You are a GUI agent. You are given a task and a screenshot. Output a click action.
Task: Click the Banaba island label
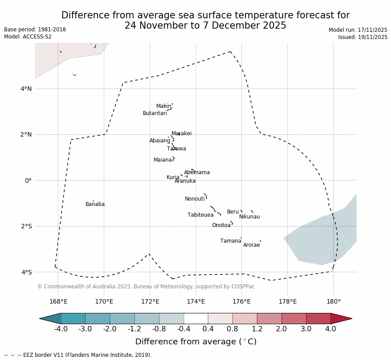95,204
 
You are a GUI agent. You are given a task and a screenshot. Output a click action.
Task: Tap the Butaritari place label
155,113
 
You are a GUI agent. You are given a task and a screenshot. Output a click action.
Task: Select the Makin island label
163,106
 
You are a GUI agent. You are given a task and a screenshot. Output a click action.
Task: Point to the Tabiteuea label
200,215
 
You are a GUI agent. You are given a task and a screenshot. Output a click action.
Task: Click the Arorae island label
251,245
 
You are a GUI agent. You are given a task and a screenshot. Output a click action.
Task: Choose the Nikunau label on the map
249,217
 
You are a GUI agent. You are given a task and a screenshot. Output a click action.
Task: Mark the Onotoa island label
221,225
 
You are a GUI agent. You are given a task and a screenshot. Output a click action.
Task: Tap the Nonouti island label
195,199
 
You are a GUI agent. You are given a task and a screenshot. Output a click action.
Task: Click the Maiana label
163,160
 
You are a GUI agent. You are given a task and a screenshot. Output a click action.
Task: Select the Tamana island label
231,241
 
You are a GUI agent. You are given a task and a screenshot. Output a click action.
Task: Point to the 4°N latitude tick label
26,89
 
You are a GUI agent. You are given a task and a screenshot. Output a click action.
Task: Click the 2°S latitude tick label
26,226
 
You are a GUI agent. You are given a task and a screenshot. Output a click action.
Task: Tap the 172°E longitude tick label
150,301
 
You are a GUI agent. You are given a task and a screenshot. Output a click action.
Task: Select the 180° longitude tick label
333,301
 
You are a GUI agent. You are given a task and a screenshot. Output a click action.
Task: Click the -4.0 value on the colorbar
61,329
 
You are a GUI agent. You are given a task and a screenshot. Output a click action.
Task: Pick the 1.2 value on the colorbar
257,329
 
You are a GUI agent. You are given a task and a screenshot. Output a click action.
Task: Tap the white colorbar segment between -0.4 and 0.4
196,318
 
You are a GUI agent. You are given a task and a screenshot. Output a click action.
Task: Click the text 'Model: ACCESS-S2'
28,37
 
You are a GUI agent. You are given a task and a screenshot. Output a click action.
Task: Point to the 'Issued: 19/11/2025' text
362,37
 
